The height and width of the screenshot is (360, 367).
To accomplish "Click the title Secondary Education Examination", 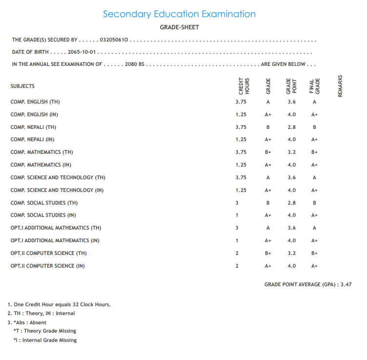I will (x=179, y=14).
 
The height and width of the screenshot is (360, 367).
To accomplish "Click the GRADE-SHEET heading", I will (x=179, y=27).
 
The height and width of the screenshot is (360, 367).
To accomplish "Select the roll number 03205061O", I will (x=113, y=40).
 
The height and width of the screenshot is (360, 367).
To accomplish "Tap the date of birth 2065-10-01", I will (x=82, y=52).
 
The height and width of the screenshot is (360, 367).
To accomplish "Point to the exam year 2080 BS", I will (x=135, y=64).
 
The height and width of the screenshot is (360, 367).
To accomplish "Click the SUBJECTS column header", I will (x=22, y=86).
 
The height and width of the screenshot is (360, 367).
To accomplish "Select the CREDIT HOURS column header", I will (x=244, y=86).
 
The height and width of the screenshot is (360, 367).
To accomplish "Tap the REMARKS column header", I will (x=340, y=86).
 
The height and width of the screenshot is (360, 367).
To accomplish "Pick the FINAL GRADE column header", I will (x=314, y=86).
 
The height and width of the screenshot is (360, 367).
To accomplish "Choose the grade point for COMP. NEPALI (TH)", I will (x=291, y=127).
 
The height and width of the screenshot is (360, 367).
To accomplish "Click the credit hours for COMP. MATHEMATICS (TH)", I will (x=241, y=152).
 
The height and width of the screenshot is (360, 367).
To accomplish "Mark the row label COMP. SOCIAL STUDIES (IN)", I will (x=43, y=215).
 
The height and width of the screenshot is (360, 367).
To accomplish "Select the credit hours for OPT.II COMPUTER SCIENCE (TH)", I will (x=237, y=253).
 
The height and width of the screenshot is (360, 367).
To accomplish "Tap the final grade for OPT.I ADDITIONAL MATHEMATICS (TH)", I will (x=314, y=228).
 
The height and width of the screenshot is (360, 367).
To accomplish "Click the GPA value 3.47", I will (x=347, y=284).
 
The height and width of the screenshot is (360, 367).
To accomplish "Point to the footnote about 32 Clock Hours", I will (x=59, y=304).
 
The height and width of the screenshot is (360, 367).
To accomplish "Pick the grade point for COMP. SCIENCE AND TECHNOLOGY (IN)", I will (x=291, y=190).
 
